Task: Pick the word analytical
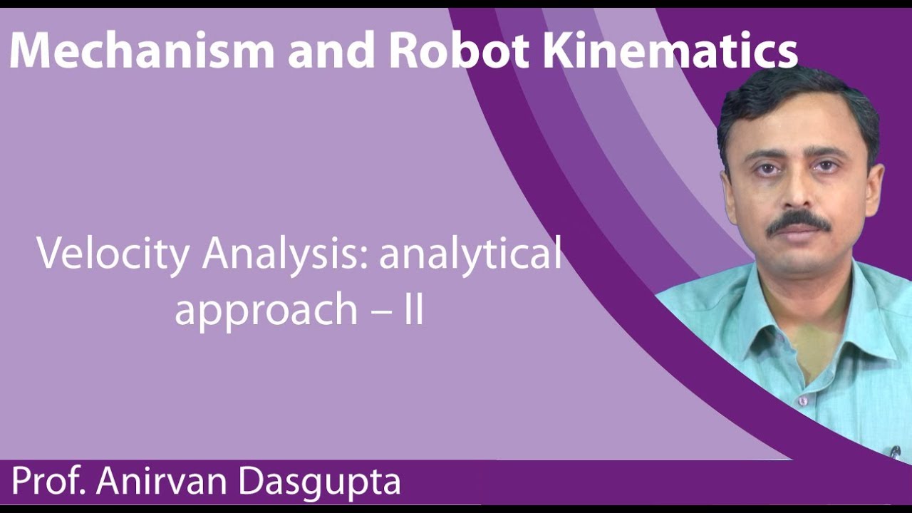[x=470, y=254]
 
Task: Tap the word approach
[x=266, y=310]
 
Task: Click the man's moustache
[x=799, y=222]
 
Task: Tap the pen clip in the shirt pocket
[x=893, y=450]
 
